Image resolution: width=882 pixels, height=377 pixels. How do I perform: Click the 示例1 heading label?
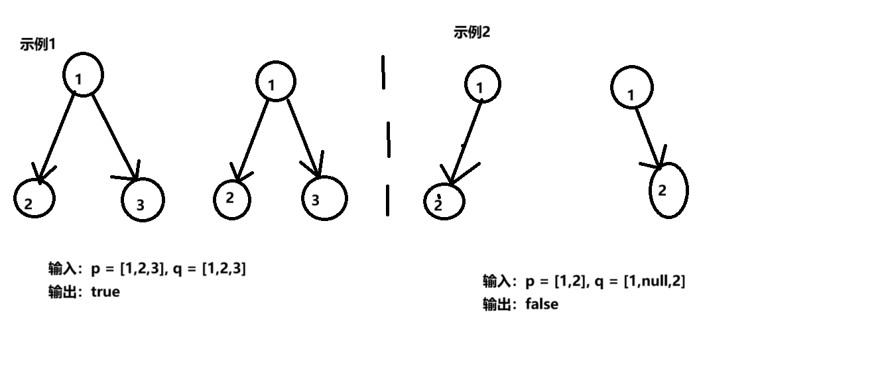pyautogui.click(x=38, y=45)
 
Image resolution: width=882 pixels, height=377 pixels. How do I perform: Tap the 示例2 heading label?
pyautogui.click(x=472, y=33)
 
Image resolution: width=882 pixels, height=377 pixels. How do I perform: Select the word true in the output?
pyautogui.click(x=105, y=292)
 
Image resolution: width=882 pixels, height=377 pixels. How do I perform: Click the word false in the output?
pyautogui.click(x=542, y=305)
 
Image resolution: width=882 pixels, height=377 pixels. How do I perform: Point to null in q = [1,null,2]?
pyautogui.click(x=653, y=281)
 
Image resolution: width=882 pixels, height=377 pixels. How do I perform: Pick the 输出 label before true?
pyautogui.click(x=64, y=292)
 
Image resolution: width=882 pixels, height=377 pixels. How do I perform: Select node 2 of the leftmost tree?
pyautogui.click(x=34, y=198)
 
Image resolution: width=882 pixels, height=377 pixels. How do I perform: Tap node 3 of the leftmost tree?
pyautogui.click(x=142, y=200)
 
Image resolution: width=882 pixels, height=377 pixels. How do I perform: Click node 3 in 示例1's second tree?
pyautogui.click(x=324, y=198)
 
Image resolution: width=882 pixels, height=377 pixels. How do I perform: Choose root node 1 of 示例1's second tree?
pyautogui.click(x=275, y=82)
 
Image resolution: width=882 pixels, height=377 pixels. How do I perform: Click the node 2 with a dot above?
pyautogui.click(x=444, y=201)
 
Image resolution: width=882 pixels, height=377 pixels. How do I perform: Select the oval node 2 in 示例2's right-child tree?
pyautogui.click(x=668, y=190)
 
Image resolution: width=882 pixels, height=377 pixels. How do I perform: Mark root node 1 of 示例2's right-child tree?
pyautogui.click(x=631, y=88)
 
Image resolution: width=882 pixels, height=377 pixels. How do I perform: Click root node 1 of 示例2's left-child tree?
pyautogui.click(x=481, y=85)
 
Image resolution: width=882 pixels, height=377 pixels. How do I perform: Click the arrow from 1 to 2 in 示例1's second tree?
pyautogui.click(x=253, y=140)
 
